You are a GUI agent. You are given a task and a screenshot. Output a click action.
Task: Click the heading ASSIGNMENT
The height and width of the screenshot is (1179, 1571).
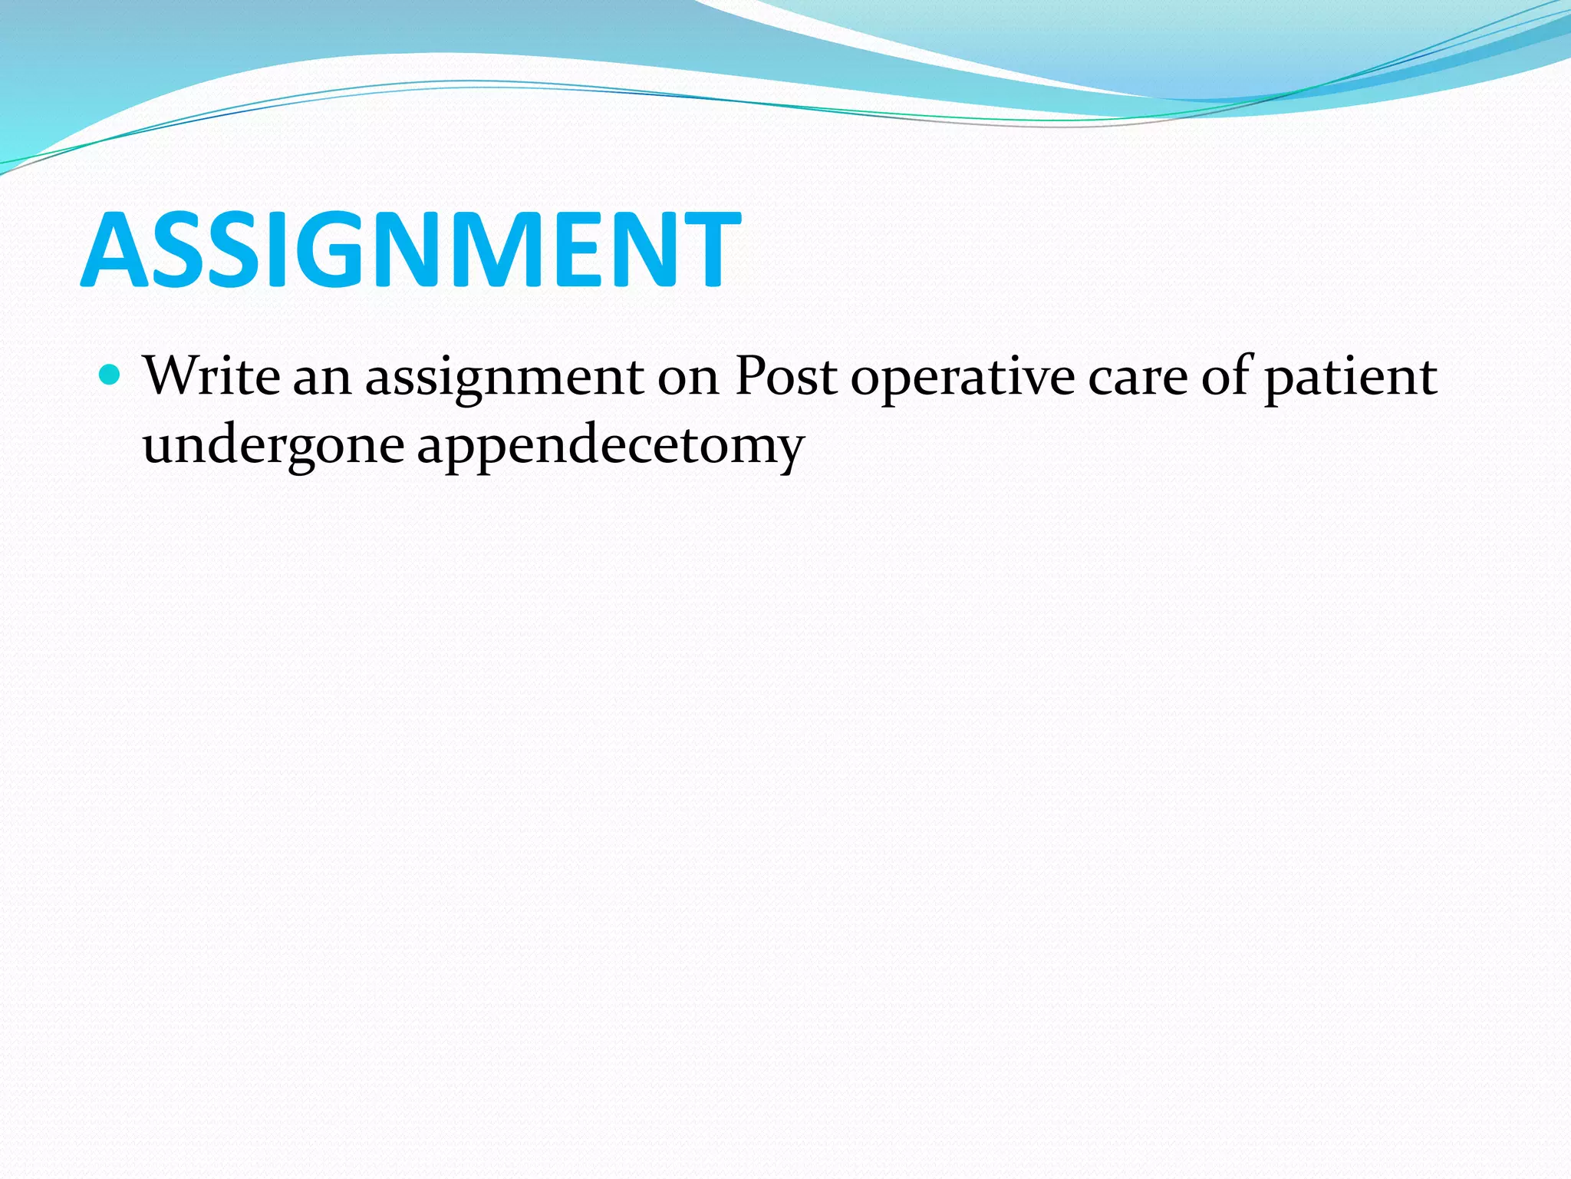(410, 250)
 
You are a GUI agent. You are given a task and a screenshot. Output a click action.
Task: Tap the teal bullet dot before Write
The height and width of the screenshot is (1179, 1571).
(110, 375)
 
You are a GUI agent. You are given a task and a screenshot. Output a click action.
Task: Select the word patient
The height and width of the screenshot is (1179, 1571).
(1350, 378)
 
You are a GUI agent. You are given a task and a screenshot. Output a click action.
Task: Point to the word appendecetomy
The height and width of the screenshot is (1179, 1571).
(611, 447)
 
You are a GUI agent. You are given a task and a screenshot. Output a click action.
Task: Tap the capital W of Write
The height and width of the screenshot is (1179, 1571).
(170, 376)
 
